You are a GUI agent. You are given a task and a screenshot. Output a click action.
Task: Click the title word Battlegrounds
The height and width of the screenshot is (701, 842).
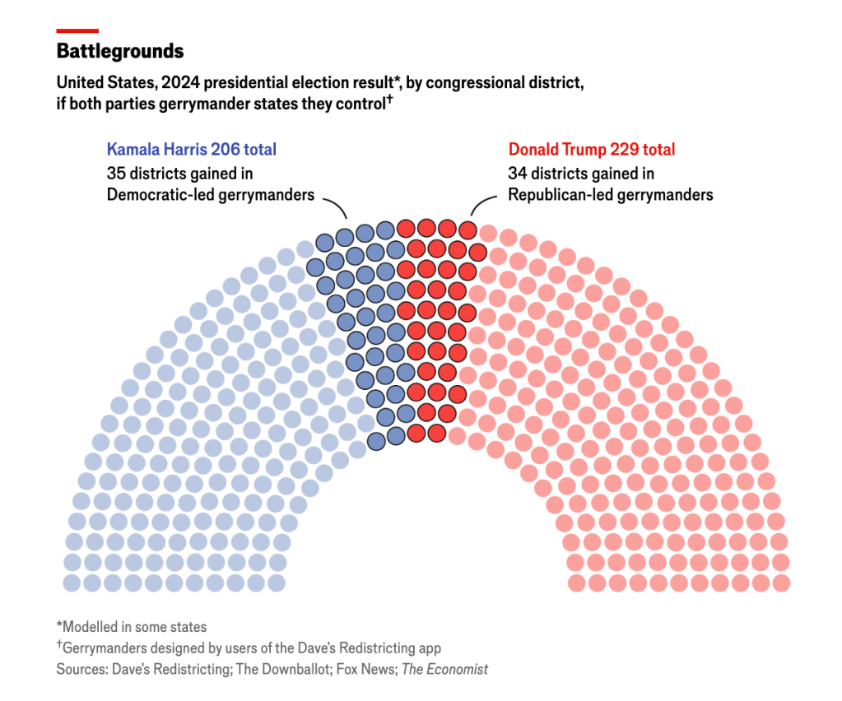click(120, 51)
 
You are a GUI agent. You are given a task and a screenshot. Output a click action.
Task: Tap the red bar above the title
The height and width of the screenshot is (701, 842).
click(77, 30)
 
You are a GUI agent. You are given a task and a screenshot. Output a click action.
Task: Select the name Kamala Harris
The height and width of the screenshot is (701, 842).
click(156, 150)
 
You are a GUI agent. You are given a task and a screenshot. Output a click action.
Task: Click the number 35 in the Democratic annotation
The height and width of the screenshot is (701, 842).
click(115, 174)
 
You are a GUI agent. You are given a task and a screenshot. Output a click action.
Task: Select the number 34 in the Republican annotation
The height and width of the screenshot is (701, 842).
click(517, 174)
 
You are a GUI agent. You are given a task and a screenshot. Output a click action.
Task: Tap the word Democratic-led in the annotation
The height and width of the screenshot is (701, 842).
click(153, 195)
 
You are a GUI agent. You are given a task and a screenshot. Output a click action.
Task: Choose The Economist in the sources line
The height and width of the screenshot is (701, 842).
click(444, 669)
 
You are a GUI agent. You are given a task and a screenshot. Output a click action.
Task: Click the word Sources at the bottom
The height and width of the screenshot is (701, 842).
click(80, 669)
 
